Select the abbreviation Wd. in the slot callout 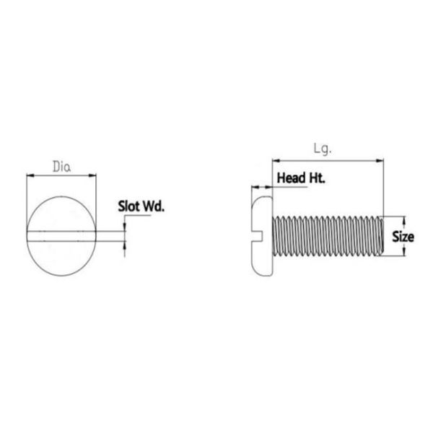[x=154, y=206]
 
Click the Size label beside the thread [x=403, y=236]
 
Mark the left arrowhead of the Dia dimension [x=30, y=175]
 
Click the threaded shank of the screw [x=325, y=236]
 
